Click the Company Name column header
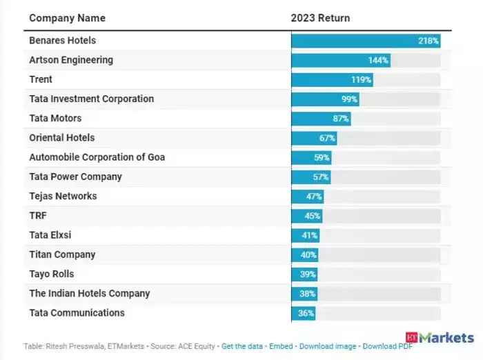[x=67, y=18]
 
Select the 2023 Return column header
[x=320, y=18]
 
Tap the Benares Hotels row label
[x=63, y=40]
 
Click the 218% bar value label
[x=428, y=41]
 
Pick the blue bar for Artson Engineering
[x=341, y=61]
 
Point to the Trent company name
[x=41, y=79]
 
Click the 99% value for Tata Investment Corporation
[x=349, y=99]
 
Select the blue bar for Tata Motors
[x=322, y=119]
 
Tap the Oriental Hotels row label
[x=62, y=138]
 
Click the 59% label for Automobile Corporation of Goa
[x=322, y=158]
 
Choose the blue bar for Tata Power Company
[x=311, y=177]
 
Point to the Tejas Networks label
[x=63, y=196]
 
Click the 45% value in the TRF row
[x=313, y=216]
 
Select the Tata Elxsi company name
[x=50, y=235]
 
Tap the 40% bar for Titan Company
[x=305, y=255]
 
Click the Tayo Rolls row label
[x=52, y=274]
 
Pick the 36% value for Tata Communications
[x=306, y=313]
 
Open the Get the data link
[x=242, y=346]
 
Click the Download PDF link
[x=387, y=346]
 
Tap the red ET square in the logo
[x=411, y=337]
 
